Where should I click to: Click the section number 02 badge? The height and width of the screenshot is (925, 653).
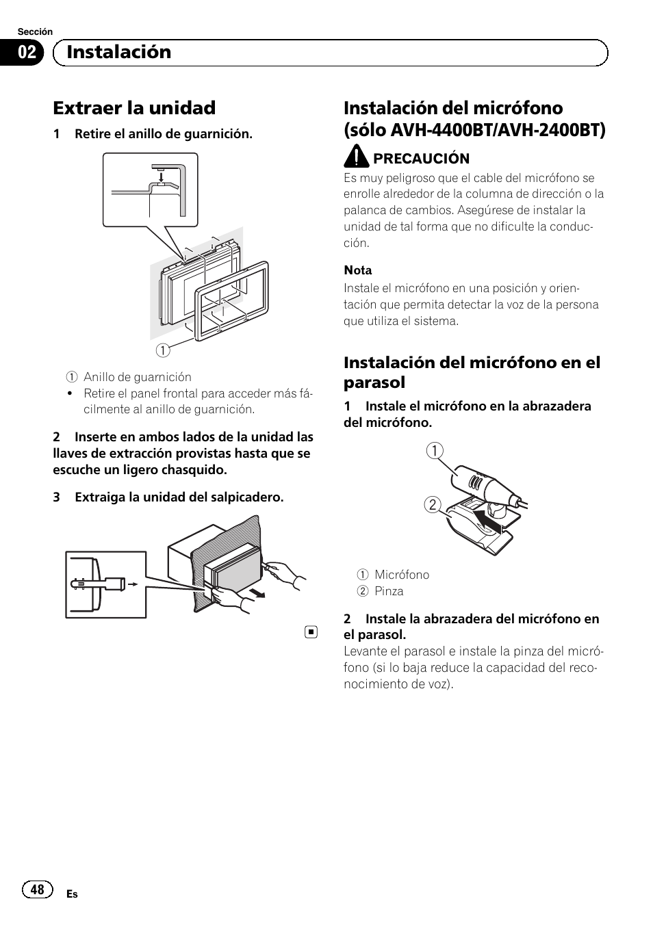point(27,53)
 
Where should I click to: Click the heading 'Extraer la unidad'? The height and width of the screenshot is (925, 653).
point(134,108)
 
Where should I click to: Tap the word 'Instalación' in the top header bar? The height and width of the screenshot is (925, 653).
point(119,52)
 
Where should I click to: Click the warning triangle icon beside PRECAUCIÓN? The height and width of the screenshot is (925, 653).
point(356,157)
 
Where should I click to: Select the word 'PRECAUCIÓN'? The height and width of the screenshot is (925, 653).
point(421,159)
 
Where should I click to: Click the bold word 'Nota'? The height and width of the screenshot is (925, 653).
point(358,270)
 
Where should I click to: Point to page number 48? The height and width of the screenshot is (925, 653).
point(38,889)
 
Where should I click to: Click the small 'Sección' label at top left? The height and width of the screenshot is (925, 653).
point(35,31)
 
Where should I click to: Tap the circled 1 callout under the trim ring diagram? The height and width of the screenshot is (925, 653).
point(162,350)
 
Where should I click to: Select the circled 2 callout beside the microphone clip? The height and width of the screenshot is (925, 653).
point(433,506)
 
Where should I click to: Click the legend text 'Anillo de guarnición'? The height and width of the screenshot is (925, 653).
point(137,377)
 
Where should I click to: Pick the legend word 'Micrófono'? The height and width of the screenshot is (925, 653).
point(402,575)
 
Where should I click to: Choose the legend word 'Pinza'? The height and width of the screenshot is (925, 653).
point(389,591)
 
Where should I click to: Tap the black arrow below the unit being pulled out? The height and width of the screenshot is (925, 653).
point(257,591)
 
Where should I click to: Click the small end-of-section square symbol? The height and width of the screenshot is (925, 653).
point(311,631)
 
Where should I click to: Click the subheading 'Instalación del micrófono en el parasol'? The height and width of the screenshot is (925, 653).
point(472,372)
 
